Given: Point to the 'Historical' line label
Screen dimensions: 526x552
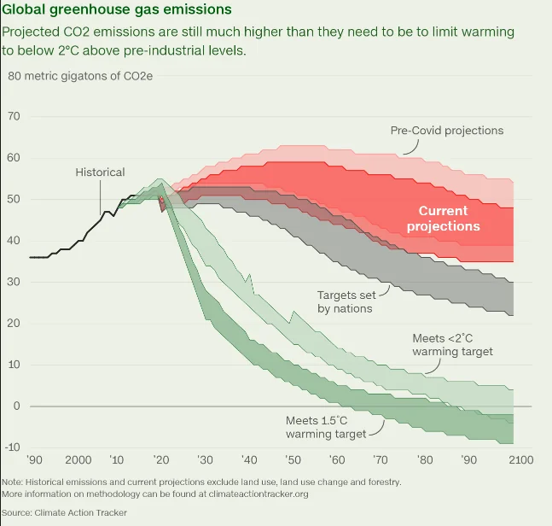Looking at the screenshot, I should (100, 172).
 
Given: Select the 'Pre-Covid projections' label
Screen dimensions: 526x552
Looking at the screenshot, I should (446, 131).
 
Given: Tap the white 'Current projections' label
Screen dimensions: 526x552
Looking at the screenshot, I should (443, 219).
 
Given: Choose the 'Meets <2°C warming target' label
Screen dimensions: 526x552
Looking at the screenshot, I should (452, 345).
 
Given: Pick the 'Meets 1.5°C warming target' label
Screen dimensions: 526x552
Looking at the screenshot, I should (326, 427).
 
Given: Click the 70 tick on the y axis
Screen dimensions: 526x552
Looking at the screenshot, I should (14, 117).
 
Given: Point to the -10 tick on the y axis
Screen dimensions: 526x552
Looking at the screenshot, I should (13, 447).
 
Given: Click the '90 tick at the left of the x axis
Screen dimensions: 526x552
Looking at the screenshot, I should (33, 459).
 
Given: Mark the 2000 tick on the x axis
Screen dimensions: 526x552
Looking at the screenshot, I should (78, 459).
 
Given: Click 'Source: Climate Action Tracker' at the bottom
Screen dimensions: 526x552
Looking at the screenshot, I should (65, 512).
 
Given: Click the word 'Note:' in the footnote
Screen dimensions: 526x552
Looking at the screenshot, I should (13, 482).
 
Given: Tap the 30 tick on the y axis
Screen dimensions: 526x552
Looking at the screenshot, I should (14, 282).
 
